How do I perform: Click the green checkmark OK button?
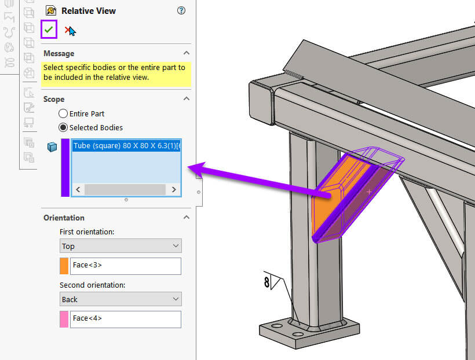pos(49,30)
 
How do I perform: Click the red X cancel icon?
pos(70,31)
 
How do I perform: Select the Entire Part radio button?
pos(63,113)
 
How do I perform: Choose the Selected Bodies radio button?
pos(63,127)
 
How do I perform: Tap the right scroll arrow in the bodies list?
pos(173,190)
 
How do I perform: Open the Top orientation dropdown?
pos(120,246)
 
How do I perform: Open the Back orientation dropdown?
pos(120,299)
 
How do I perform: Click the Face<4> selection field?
pos(125,319)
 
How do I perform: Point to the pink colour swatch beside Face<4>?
pos(64,319)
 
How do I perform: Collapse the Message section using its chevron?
pos(187,53)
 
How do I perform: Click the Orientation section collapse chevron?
pos(187,218)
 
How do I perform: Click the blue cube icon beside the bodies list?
pos(52,147)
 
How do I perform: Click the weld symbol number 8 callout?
pos(267,283)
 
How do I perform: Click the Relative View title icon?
pos(51,10)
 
